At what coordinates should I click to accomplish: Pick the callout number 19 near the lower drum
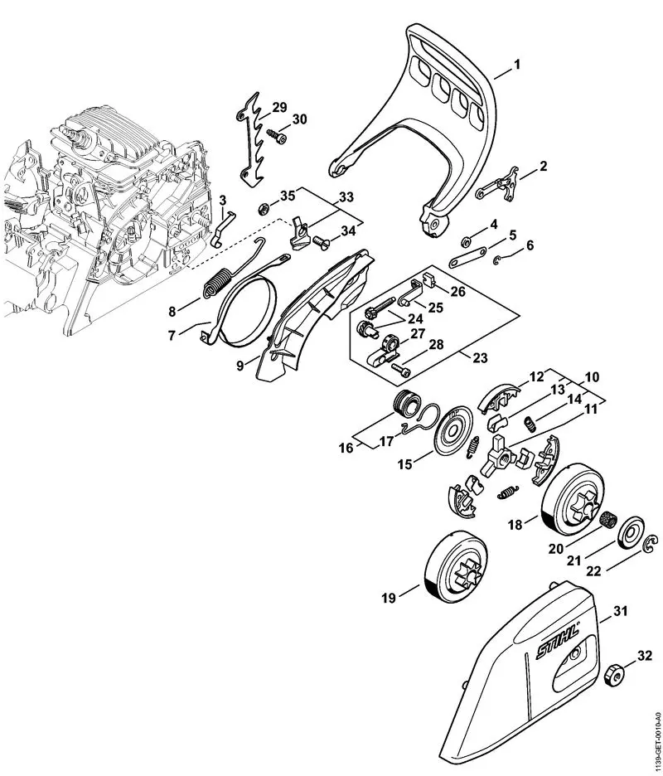coord(387,594)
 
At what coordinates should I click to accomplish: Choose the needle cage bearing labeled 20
coord(611,521)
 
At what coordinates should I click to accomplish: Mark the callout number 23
coord(479,358)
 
